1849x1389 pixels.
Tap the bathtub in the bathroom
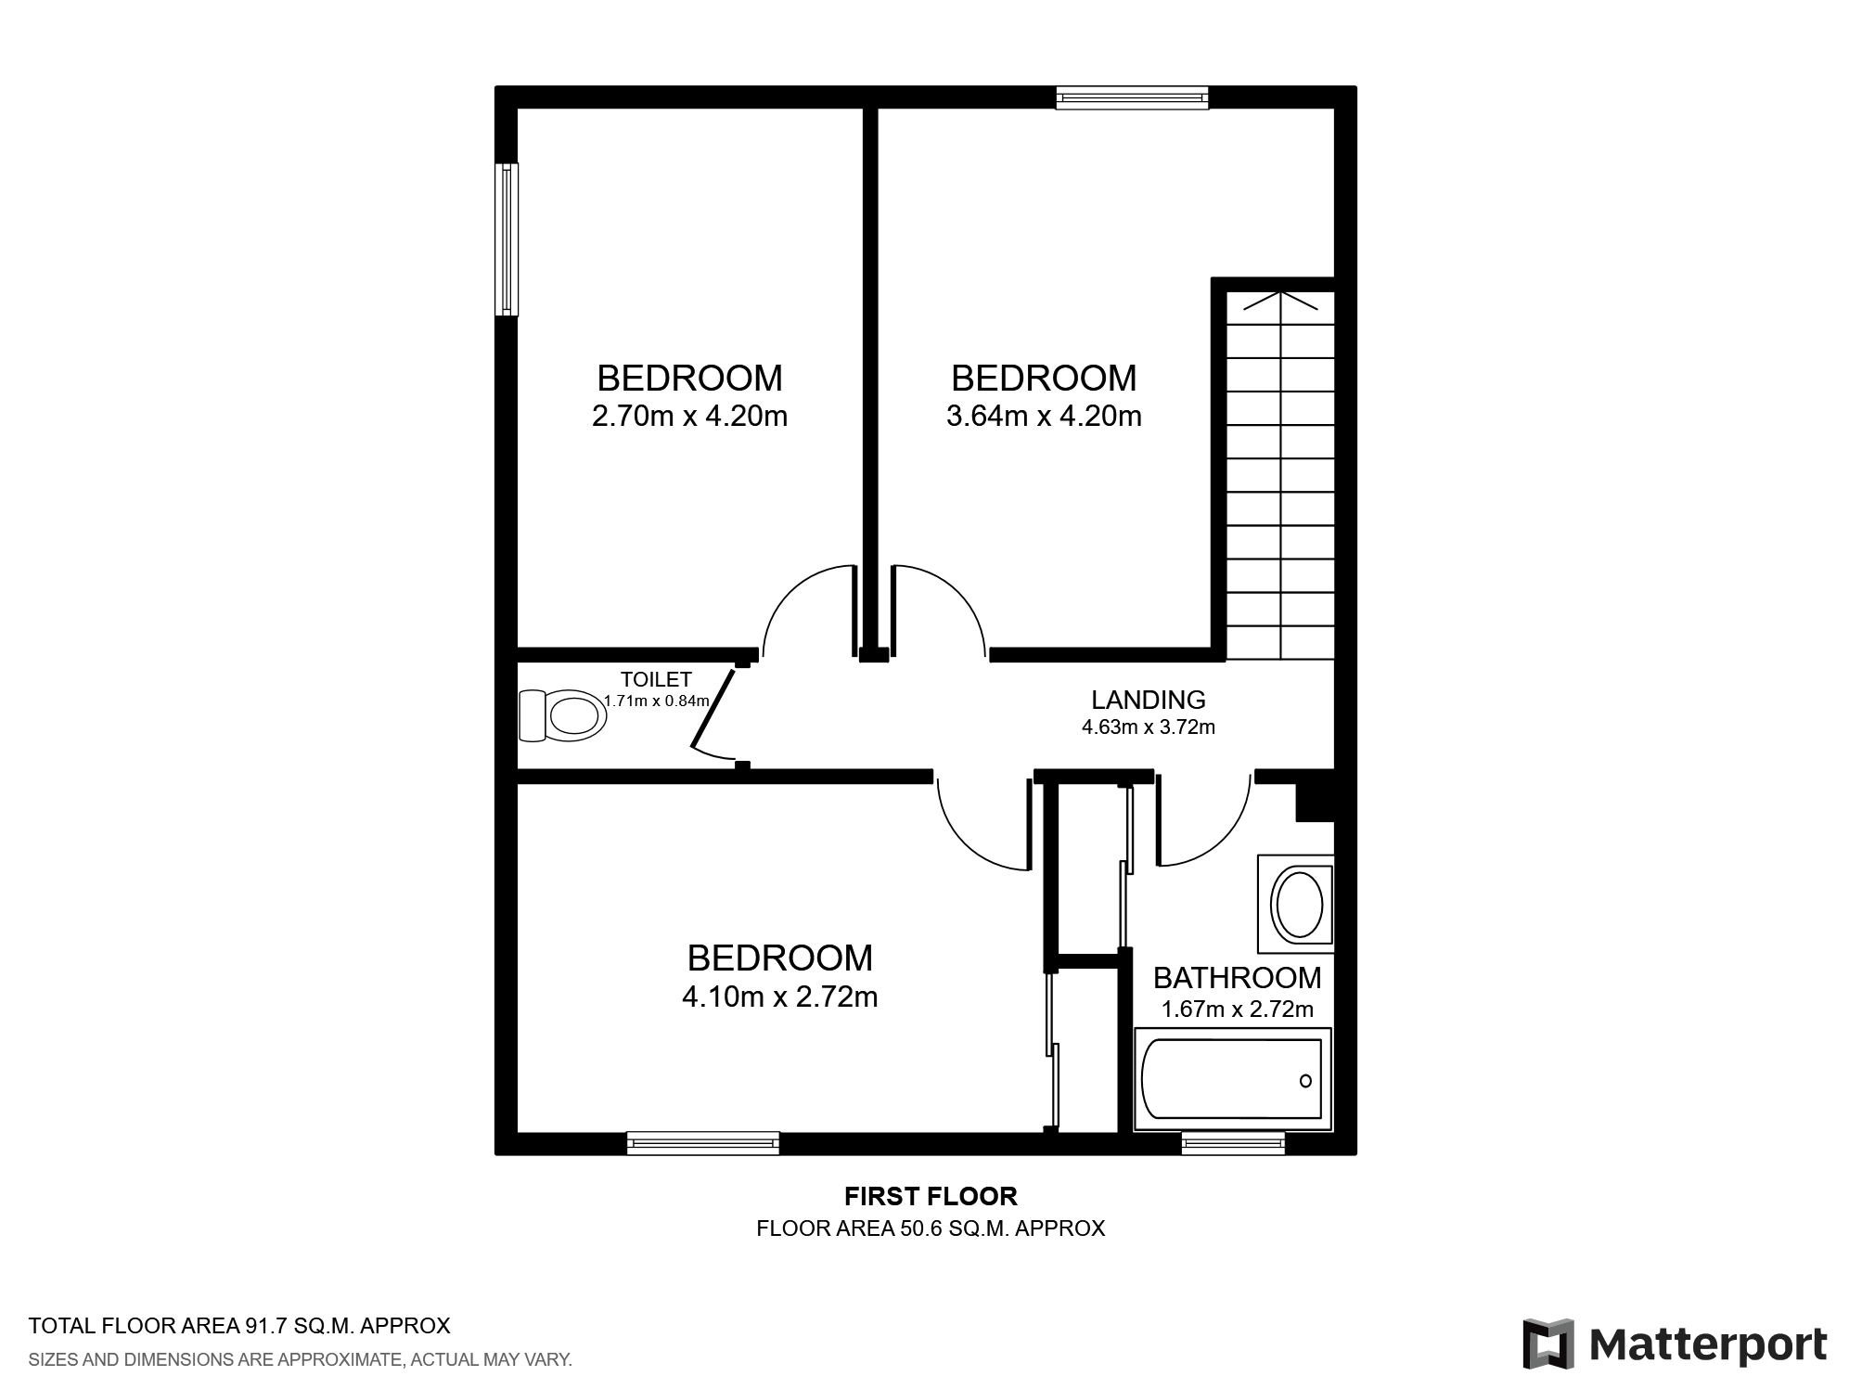[x=1232, y=1079]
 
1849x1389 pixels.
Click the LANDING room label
[x=1148, y=700]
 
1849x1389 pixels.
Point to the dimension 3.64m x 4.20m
[x=1043, y=416]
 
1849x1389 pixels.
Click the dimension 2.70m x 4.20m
[x=689, y=416]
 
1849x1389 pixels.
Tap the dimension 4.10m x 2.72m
[x=779, y=997]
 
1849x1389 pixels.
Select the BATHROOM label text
[x=1236, y=977]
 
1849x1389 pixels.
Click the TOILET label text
[x=656, y=679]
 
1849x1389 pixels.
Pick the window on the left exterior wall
[x=506, y=239]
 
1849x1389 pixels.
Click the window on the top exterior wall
[x=1132, y=97]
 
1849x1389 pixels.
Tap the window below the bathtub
[x=1232, y=1143]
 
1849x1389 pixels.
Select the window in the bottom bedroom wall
[x=702, y=1143]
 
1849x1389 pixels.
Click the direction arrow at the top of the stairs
[x=1280, y=301]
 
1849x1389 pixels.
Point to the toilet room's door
[x=713, y=710]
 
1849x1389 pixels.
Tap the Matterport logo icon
[x=1547, y=1343]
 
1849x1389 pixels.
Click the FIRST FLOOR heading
[x=930, y=1196]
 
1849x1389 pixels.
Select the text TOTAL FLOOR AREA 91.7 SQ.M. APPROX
[x=239, y=1325]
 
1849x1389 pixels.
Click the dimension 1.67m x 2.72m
[x=1237, y=1010]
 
